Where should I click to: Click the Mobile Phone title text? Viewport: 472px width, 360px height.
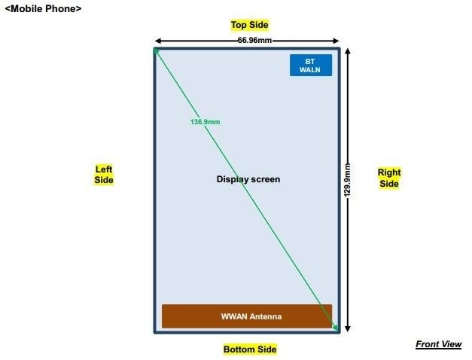[43, 9]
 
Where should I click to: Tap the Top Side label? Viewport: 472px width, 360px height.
[249, 25]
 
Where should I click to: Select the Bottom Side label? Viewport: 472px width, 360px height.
[250, 349]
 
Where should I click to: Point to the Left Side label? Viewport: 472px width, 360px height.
[104, 175]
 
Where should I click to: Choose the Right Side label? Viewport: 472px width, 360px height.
[389, 178]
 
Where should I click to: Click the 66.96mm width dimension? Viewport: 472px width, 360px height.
[254, 41]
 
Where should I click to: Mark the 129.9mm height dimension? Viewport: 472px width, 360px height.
[347, 180]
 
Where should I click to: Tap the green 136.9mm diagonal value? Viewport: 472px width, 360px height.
[205, 122]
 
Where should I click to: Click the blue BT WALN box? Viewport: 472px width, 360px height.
[311, 65]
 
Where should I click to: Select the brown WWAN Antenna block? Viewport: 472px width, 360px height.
[247, 316]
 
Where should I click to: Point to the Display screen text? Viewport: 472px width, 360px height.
[248, 179]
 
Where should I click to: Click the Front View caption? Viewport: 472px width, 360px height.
[439, 344]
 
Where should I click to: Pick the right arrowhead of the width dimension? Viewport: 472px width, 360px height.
[337, 41]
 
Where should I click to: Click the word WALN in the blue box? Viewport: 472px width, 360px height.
[309, 70]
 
